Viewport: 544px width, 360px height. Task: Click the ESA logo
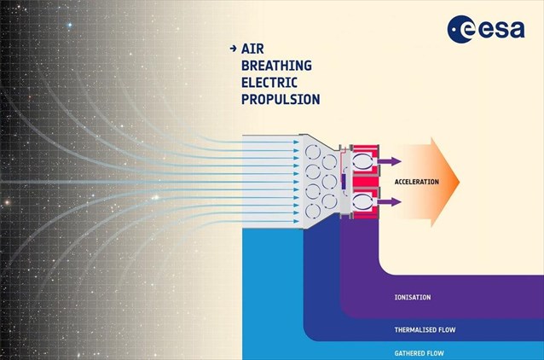click(486, 29)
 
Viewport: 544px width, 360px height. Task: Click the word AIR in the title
click(252, 49)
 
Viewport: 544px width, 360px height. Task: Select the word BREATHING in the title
click(276, 66)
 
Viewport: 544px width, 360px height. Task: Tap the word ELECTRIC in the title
click(269, 83)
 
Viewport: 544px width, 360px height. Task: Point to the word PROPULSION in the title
click(281, 99)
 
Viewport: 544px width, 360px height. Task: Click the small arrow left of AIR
click(233, 49)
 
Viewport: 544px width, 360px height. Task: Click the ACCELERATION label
click(417, 182)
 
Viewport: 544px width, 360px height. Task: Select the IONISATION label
click(413, 297)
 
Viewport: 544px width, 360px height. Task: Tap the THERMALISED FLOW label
click(425, 329)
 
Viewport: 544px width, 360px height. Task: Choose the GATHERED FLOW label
click(420, 353)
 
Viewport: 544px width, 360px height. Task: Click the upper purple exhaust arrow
click(390, 161)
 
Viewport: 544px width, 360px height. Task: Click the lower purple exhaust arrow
click(390, 201)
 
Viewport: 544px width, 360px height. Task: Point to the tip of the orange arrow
click(460, 182)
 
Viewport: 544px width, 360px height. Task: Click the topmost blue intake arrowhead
click(296, 142)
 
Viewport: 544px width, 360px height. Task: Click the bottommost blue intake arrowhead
click(296, 221)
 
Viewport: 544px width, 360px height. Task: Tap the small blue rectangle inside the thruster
click(344, 182)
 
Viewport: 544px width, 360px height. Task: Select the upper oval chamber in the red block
click(362, 161)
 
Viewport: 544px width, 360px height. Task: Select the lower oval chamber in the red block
click(362, 202)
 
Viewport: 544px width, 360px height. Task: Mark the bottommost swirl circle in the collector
click(313, 211)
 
